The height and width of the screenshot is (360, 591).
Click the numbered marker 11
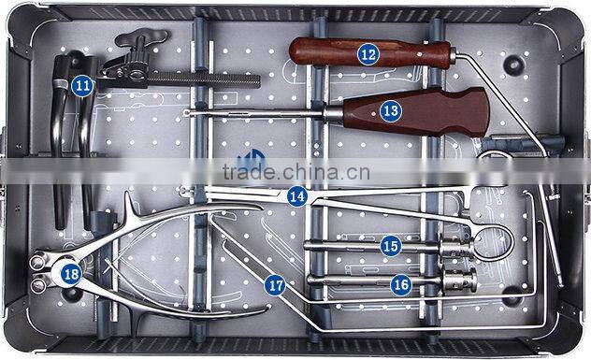pyautogui.click(x=82, y=85)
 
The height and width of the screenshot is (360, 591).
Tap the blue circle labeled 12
pyautogui.click(x=368, y=54)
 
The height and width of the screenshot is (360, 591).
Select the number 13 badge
pyautogui.click(x=390, y=110)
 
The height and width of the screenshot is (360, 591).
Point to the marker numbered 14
pyautogui.click(x=296, y=195)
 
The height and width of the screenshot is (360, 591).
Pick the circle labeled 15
pyautogui.click(x=390, y=246)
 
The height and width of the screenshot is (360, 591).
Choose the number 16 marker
pyautogui.click(x=400, y=282)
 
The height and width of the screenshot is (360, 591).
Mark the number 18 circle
pyautogui.click(x=71, y=273)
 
